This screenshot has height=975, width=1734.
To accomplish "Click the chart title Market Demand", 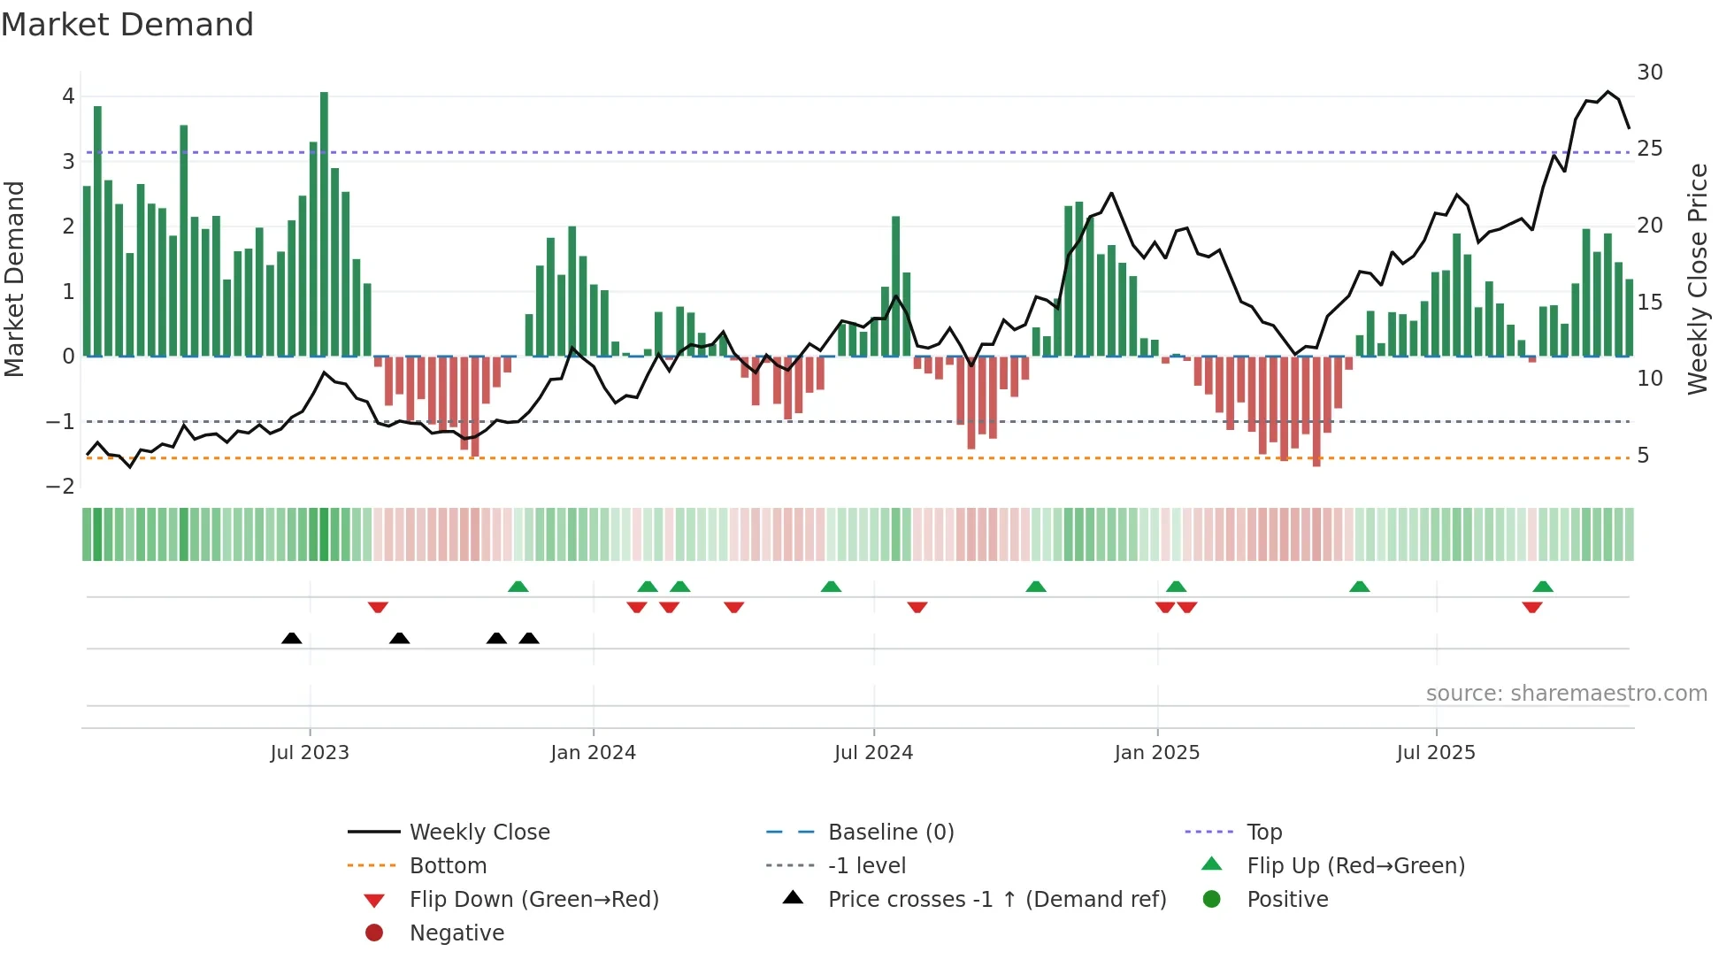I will point(127,25).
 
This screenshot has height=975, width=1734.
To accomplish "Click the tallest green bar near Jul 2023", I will point(324,221).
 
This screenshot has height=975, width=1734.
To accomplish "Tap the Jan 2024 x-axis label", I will point(593,753).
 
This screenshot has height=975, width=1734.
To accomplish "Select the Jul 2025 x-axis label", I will point(1436,753).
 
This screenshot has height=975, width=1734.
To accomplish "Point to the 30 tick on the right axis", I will point(1649,73).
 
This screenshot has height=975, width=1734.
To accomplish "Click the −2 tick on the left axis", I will point(60,487).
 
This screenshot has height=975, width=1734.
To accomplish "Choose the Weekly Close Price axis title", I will point(1697,279).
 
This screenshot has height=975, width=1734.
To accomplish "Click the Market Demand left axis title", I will point(14,279).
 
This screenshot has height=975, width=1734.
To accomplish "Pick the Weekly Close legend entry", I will point(479,833).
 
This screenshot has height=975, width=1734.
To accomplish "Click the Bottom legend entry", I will point(448,866).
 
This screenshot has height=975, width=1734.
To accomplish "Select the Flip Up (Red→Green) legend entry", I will point(1355,866).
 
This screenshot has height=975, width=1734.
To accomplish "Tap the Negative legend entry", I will point(457,933).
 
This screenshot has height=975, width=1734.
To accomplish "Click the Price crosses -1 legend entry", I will point(996,900).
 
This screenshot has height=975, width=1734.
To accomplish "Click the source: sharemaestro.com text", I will point(1566,694).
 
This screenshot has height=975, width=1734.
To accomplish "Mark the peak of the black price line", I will point(1608,92).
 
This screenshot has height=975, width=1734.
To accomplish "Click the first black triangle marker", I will point(291,638).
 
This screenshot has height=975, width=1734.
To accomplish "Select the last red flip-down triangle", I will point(1532,607).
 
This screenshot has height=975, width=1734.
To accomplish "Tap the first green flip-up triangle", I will point(518,586).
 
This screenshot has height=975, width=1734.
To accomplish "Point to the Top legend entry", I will point(1263,833).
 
